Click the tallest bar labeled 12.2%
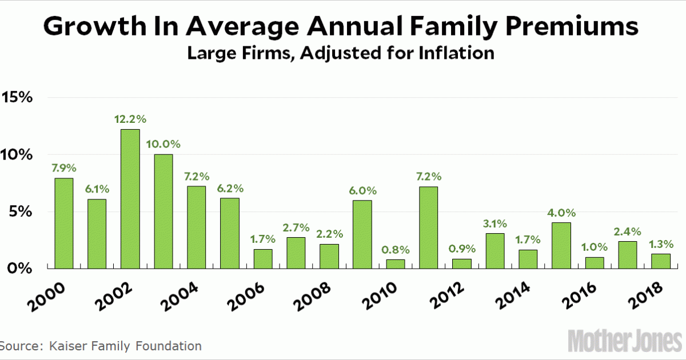tap(130, 199)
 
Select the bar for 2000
tap(64, 223)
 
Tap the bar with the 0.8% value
tap(396, 264)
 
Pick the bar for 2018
tap(661, 261)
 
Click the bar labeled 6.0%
tap(362, 234)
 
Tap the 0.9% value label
tap(462, 249)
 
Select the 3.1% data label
tap(495, 224)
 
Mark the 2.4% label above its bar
tap(628, 232)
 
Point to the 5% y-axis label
tap(21, 211)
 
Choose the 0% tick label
tap(21, 268)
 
